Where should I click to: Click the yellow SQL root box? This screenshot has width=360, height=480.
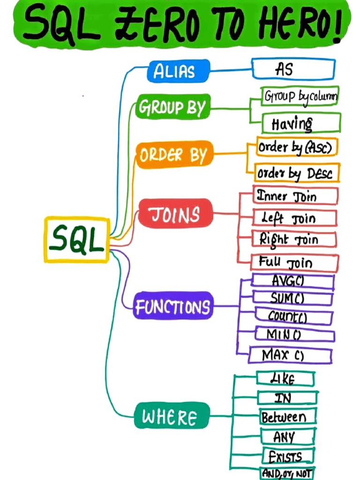(x=77, y=239)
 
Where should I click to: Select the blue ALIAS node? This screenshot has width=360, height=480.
(x=174, y=71)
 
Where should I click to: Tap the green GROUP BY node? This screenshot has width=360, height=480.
(x=172, y=108)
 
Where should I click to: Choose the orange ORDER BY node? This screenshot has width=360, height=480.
(x=174, y=154)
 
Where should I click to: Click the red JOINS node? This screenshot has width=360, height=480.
(x=175, y=214)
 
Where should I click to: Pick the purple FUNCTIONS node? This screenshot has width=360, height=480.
(x=173, y=307)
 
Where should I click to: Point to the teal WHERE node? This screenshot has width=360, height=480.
(x=170, y=416)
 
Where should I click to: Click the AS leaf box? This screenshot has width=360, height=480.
(x=293, y=69)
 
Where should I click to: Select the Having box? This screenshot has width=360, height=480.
(x=300, y=123)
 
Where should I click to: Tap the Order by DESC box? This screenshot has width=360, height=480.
(x=297, y=173)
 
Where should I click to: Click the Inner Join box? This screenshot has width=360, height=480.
(x=295, y=196)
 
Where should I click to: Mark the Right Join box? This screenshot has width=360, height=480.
(x=294, y=240)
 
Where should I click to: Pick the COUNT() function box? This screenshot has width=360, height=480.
(x=293, y=316)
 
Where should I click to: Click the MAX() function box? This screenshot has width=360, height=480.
(x=290, y=355)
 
